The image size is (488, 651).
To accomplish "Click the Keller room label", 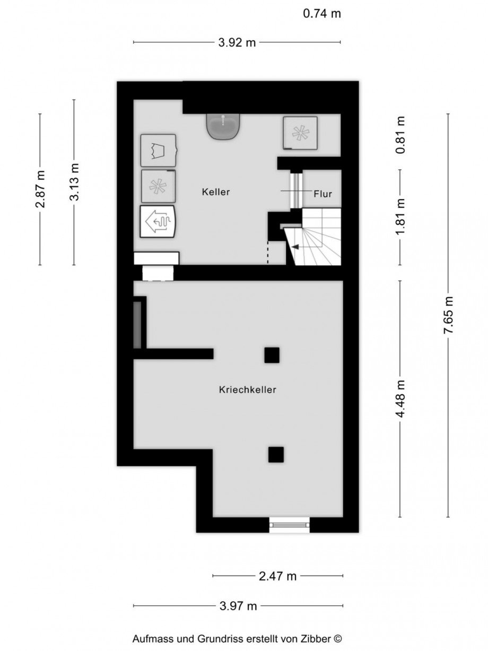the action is click(x=216, y=192).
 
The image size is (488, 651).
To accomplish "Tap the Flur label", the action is click(x=323, y=194).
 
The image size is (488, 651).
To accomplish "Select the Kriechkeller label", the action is click(x=248, y=389).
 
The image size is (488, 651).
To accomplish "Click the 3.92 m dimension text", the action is click(x=237, y=42).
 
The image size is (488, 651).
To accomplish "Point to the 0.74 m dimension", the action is click(x=322, y=14).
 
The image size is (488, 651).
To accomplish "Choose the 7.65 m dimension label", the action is click(x=448, y=315).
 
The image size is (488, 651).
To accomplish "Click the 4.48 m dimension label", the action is click(x=400, y=399).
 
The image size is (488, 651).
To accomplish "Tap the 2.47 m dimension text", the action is click(x=277, y=576).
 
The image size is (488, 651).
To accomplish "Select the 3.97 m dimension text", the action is click(x=238, y=606).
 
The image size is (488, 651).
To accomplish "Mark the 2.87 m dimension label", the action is click(x=40, y=189).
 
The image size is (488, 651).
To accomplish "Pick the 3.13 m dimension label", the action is click(x=74, y=182).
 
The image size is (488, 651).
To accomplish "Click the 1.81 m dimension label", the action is click(x=400, y=217).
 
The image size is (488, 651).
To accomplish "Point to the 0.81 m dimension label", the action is click(x=400, y=135).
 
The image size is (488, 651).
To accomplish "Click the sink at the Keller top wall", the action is click(x=223, y=126).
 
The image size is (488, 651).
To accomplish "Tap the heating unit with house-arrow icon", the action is click(x=158, y=222).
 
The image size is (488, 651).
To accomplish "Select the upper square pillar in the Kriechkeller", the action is click(x=272, y=355).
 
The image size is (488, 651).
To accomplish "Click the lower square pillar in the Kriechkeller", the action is click(x=276, y=455).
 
